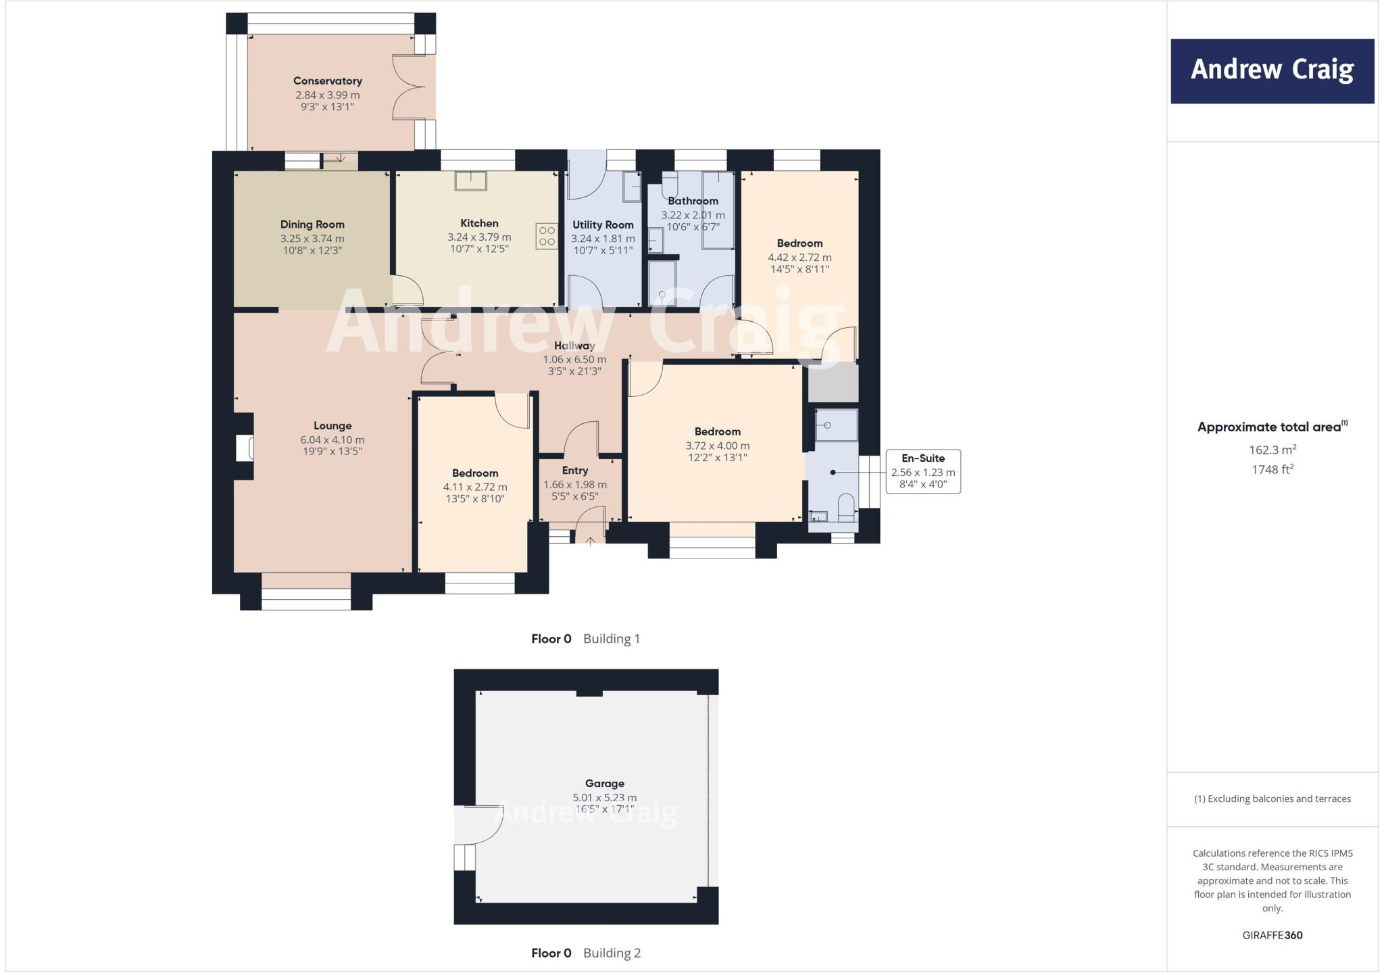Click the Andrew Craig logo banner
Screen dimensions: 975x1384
pyautogui.click(x=1272, y=71)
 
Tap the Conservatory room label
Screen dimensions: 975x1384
pyautogui.click(x=328, y=81)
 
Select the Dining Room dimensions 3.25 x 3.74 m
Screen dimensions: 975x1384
pyautogui.click(x=312, y=239)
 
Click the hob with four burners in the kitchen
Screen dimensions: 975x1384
pyautogui.click(x=547, y=236)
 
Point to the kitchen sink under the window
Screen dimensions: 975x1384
pyautogui.click(x=470, y=181)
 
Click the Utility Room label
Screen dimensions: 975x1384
pyautogui.click(x=603, y=225)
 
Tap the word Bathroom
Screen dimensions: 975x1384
pyautogui.click(x=693, y=201)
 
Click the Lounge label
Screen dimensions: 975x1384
pyautogui.click(x=332, y=426)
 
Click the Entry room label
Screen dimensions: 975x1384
pyautogui.click(x=575, y=471)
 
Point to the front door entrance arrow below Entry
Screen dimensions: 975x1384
pyautogui.click(x=590, y=540)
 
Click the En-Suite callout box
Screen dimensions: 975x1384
pyautogui.click(x=923, y=471)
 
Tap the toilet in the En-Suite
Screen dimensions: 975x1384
pyautogui.click(x=846, y=507)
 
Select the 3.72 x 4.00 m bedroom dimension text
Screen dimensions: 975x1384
pyautogui.click(x=717, y=446)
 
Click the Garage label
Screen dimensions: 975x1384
pyautogui.click(x=604, y=784)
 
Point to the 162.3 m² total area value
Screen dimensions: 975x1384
pyautogui.click(x=1272, y=450)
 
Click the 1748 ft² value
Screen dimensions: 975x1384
pyautogui.click(x=1272, y=469)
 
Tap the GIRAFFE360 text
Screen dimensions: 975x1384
pyautogui.click(x=1272, y=935)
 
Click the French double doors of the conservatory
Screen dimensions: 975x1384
pyautogui.click(x=410, y=88)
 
